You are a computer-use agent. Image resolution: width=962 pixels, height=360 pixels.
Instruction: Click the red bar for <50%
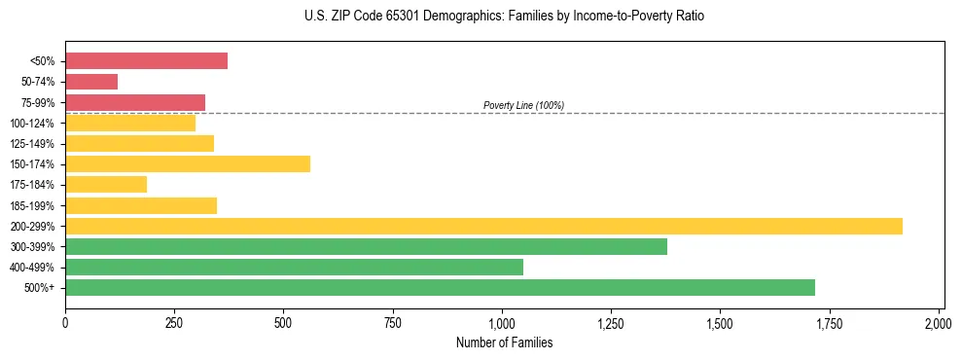tap(146, 61)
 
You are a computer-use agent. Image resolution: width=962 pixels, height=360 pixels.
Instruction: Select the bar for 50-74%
tap(91, 82)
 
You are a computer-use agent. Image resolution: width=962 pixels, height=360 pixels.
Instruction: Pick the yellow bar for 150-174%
tap(188, 164)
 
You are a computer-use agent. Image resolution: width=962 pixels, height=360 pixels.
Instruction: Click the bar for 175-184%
tap(106, 185)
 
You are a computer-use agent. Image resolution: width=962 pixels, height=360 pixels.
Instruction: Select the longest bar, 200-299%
tap(483, 226)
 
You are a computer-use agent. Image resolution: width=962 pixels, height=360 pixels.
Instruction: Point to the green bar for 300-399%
tap(366, 246)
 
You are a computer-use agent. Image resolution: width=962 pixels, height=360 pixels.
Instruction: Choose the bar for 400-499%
tap(294, 267)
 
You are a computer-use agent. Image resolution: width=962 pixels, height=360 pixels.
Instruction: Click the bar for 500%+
tap(440, 287)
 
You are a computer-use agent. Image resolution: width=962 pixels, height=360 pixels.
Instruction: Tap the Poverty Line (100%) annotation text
tap(523, 105)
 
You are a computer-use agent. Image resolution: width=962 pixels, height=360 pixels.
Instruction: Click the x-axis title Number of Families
tap(504, 342)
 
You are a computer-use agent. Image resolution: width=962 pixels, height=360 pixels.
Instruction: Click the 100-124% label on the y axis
tap(32, 124)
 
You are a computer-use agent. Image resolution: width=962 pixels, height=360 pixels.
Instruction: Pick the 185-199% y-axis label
tap(32, 205)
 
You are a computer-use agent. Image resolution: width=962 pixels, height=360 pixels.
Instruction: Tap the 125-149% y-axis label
tap(32, 144)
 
